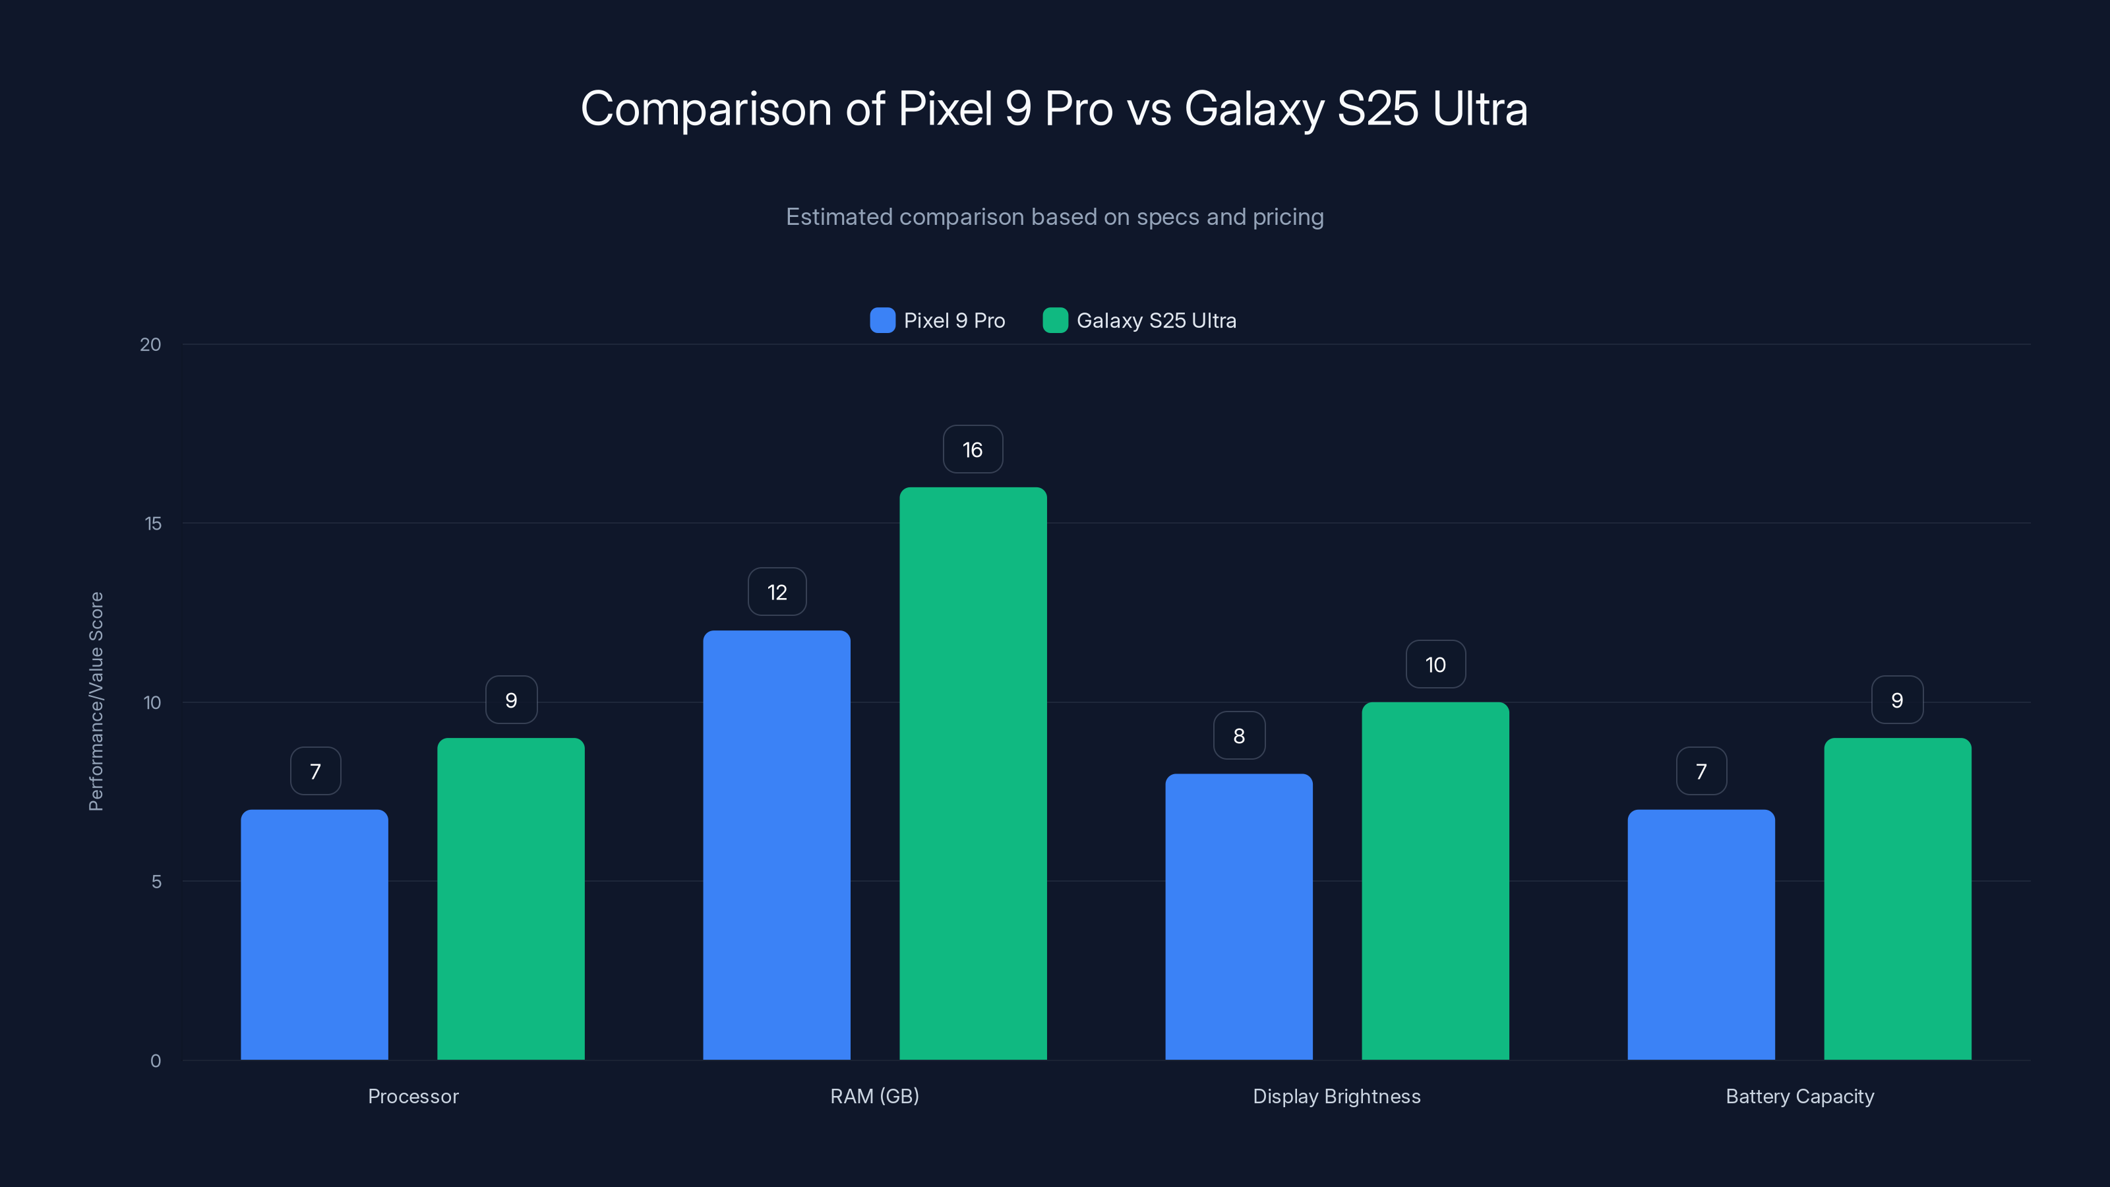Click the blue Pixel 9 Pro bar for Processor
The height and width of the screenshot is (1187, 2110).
click(x=315, y=934)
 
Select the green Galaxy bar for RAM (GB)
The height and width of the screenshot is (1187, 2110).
click(x=973, y=774)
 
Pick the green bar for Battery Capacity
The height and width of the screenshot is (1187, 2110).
click(x=1897, y=899)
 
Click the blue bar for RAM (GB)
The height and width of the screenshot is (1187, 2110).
click(x=777, y=845)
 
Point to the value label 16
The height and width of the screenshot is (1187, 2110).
click(x=973, y=450)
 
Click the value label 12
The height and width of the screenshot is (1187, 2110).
click(x=777, y=592)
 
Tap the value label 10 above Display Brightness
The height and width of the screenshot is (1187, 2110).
click(x=1435, y=664)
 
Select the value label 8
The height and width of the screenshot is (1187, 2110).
click(x=1238, y=736)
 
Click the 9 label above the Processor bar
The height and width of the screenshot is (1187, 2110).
click(x=511, y=700)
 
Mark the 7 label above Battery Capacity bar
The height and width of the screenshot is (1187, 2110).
click(x=1701, y=772)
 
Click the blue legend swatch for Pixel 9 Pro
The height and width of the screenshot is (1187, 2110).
click(x=882, y=320)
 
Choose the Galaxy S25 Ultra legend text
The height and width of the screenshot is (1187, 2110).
click(x=1156, y=320)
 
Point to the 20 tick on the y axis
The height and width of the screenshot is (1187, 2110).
click(x=151, y=345)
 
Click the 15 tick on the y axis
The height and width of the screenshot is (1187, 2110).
click(x=153, y=524)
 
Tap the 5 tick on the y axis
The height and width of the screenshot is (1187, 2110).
click(x=156, y=882)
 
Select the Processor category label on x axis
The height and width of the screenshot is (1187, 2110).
click(x=413, y=1096)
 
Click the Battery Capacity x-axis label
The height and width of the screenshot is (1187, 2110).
click(x=1799, y=1096)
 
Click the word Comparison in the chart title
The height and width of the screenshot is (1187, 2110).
click(x=706, y=109)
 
